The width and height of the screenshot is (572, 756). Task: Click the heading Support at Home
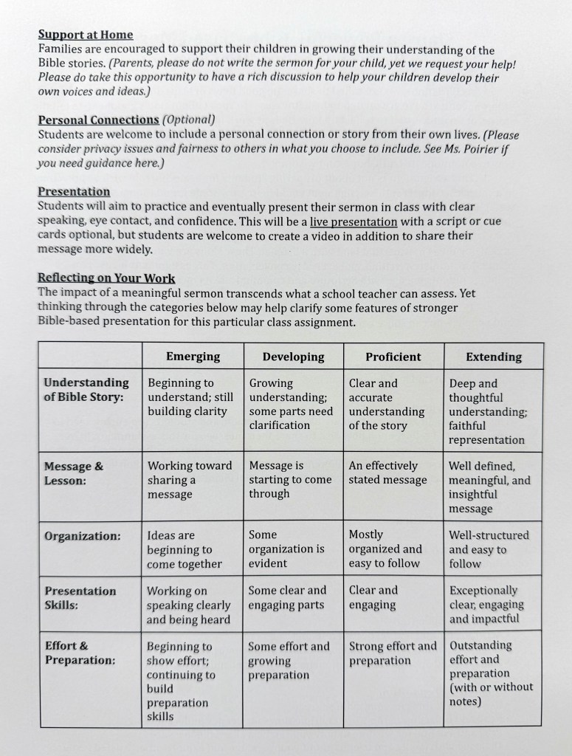tap(86, 35)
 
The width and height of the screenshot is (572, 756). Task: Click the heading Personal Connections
tap(98, 120)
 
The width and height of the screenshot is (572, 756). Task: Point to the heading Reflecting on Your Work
tap(106, 278)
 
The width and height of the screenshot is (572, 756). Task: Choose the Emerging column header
tap(193, 357)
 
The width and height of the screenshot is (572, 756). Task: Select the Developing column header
tap(293, 357)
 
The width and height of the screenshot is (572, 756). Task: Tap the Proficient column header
tap(393, 357)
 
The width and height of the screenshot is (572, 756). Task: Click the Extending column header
tap(493, 357)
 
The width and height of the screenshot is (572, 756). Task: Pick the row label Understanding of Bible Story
tap(86, 390)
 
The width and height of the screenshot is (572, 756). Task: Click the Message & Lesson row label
tap(74, 473)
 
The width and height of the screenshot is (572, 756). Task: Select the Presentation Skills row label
tap(80, 598)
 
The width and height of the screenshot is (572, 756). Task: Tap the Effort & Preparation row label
tap(80, 653)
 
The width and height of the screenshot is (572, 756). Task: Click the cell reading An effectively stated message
tap(387, 473)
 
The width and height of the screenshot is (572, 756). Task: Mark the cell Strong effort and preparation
tap(393, 653)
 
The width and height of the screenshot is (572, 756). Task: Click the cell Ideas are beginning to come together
tap(185, 549)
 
